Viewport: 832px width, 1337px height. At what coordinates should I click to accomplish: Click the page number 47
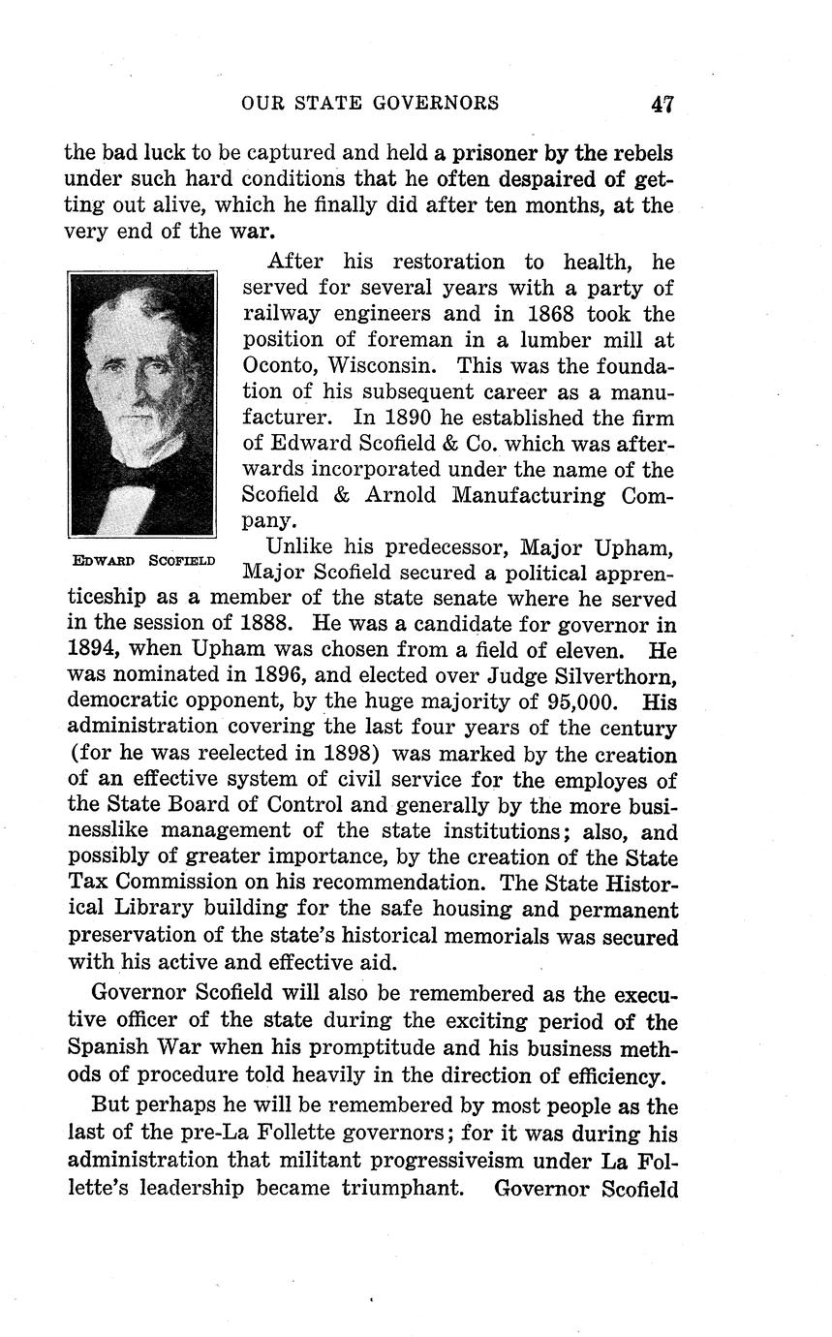[663, 104]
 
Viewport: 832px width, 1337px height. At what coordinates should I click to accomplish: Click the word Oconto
[280, 367]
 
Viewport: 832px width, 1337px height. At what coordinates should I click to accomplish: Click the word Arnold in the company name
[411, 496]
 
